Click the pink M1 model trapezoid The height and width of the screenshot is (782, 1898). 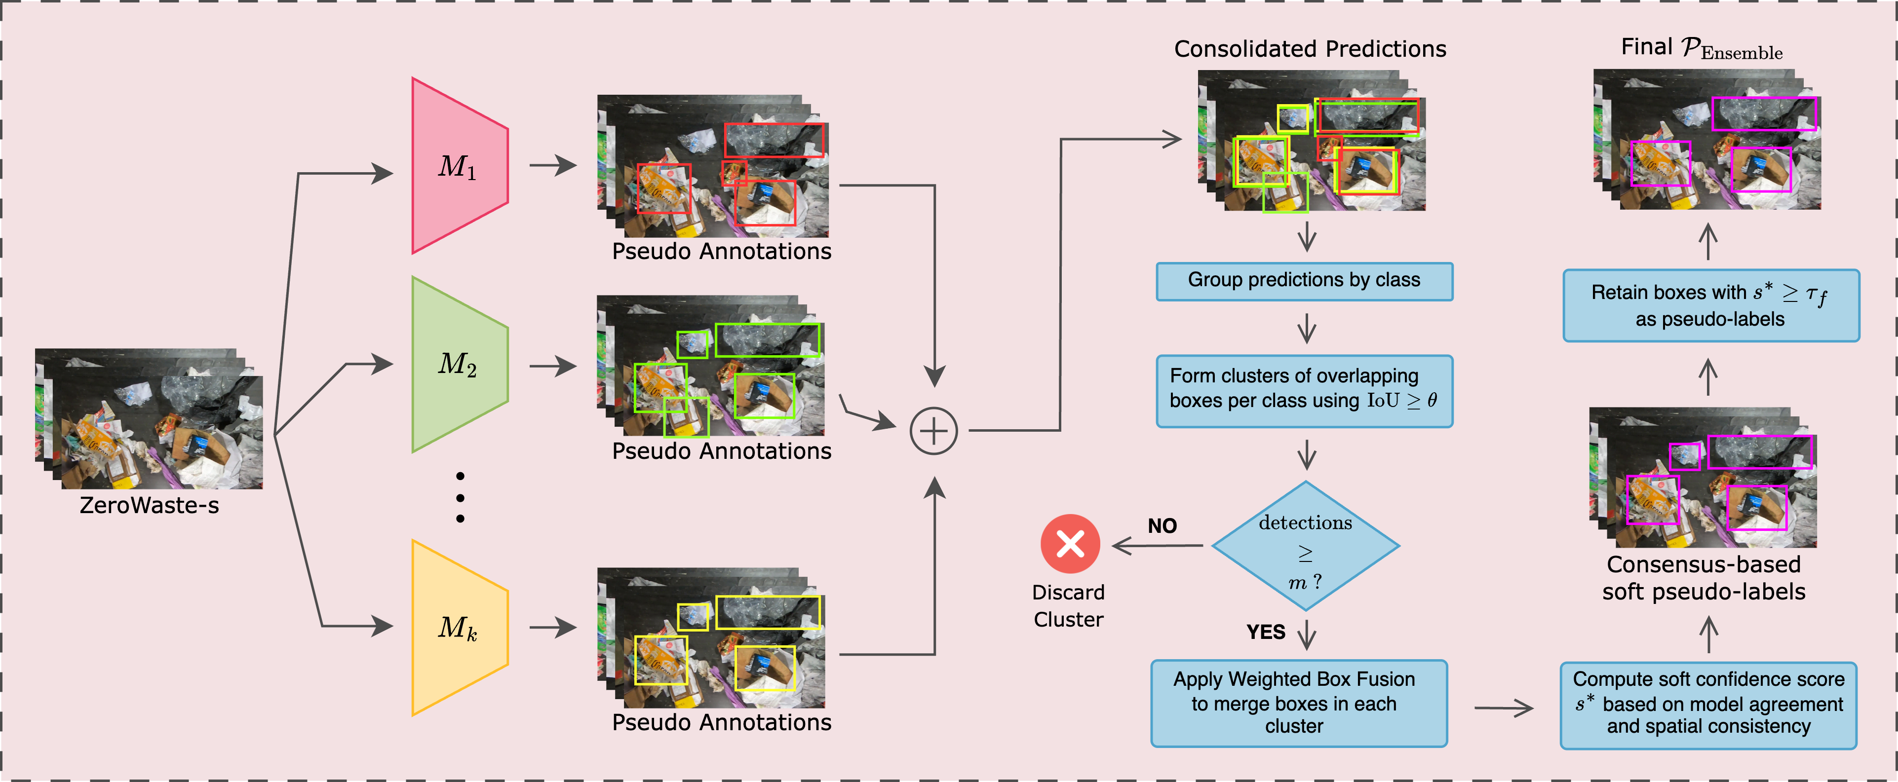coord(458,166)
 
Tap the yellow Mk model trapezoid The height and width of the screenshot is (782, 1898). coord(458,628)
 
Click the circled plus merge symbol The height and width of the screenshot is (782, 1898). coord(933,431)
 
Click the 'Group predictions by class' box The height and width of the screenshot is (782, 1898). coord(1304,281)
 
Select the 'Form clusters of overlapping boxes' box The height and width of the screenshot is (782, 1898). coord(1304,390)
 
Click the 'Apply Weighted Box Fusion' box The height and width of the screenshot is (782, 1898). coord(1298,703)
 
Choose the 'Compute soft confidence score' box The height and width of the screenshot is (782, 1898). coord(1708,705)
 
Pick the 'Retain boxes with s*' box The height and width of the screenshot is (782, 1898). coord(1711,305)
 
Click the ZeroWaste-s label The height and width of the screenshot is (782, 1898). coord(149,506)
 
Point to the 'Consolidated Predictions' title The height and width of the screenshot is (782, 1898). coord(1310,49)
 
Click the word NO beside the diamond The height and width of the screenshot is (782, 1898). coord(1162,526)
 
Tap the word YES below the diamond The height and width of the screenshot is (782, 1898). coord(1265,632)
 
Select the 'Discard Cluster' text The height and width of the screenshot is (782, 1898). coord(1068,605)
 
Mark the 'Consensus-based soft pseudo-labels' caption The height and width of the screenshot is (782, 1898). coord(1704,578)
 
